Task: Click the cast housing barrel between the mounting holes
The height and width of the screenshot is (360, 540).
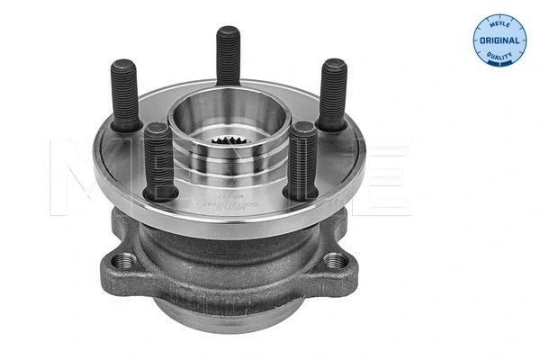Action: click(x=225, y=270)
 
